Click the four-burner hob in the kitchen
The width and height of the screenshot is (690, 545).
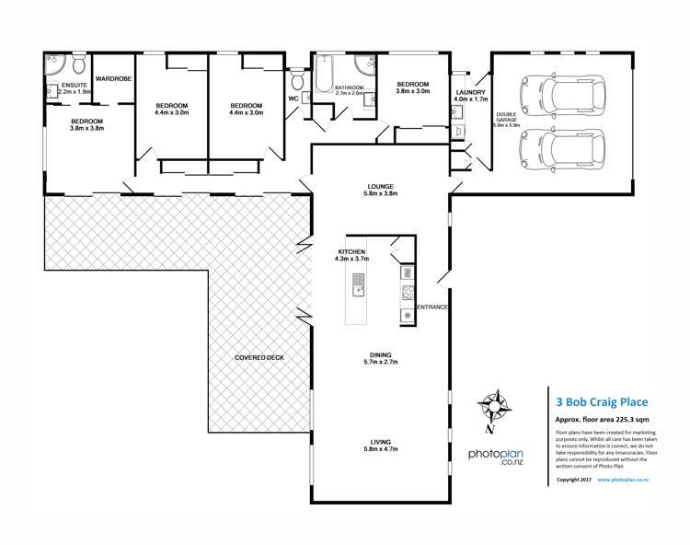pyautogui.click(x=406, y=293)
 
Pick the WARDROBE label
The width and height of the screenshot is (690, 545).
pyautogui.click(x=113, y=79)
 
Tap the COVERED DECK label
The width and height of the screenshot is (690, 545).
pyautogui.click(x=258, y=356)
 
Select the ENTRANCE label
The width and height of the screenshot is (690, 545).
pyautogui.click(x=432, y=306)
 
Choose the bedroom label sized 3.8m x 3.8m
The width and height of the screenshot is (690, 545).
pyautogui.click(x=87, y=129)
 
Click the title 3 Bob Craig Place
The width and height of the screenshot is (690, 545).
pyautogui.click(x=604, y=401)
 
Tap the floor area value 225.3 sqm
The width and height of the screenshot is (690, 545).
pyautogui.click(x=629, y=418)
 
